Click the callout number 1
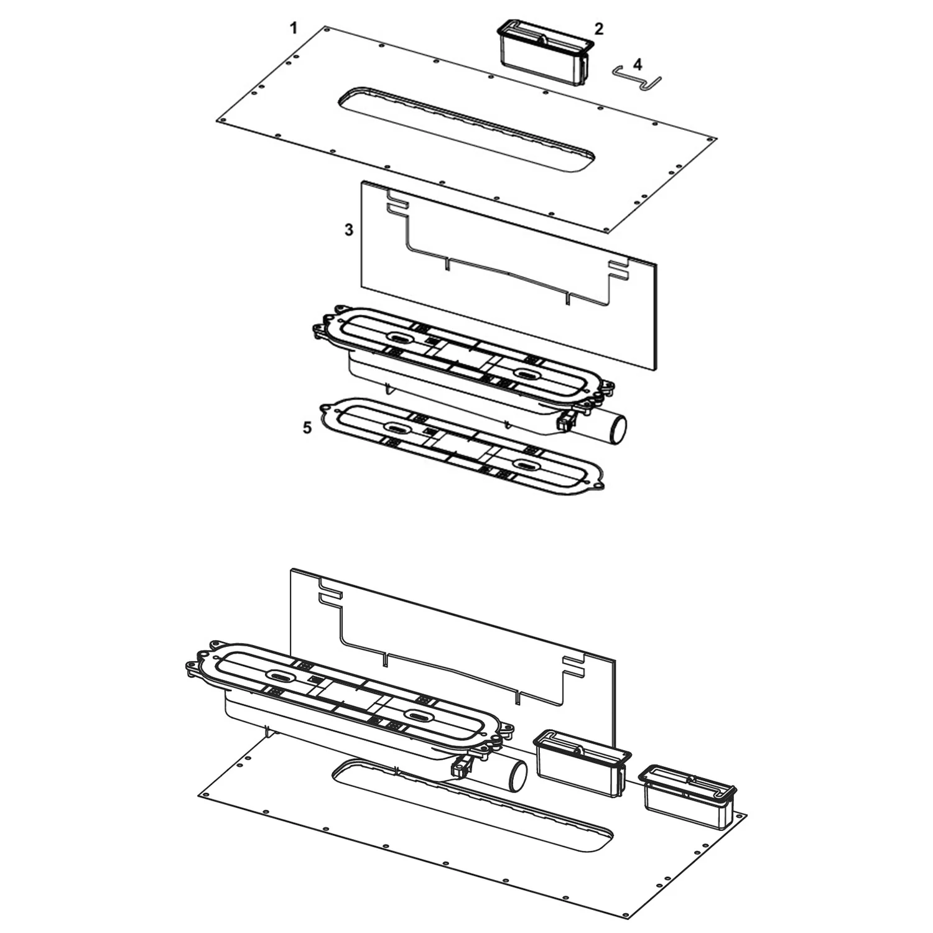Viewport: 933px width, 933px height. (294, 28)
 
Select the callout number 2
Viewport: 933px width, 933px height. (598, 29)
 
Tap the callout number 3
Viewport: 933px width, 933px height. (349, 230)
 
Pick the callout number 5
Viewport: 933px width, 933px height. (306, 428)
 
